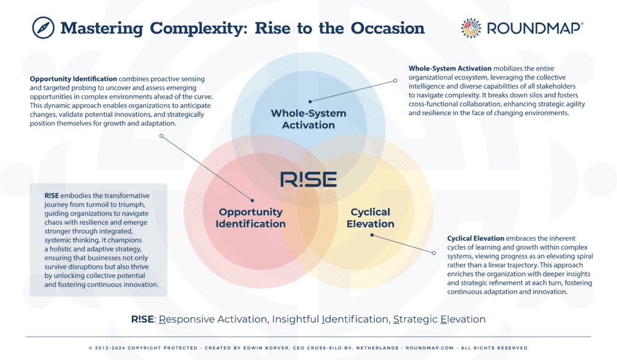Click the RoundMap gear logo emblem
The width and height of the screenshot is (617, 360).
pos(471,28)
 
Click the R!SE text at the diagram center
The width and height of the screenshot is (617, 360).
pos(308,180)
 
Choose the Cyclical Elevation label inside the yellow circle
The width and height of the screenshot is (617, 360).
pos(370,218)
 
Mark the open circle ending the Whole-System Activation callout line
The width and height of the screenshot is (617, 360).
pos(395,80)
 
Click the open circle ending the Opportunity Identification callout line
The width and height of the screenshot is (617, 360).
pos(161,136)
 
